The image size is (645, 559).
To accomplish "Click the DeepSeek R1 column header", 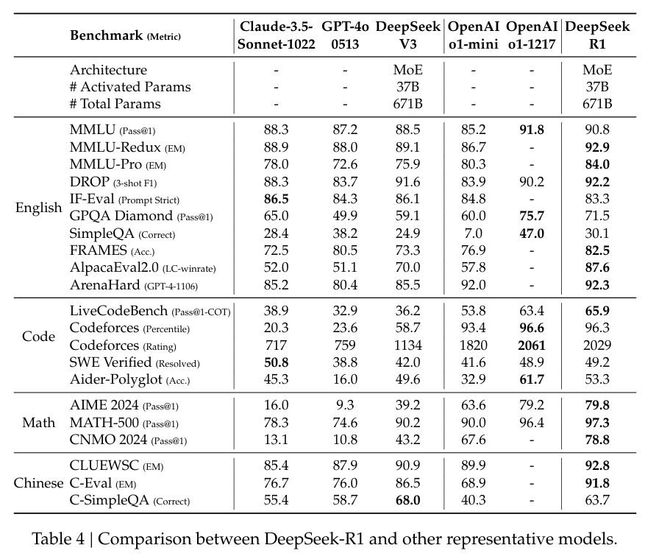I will [x=596, y=35].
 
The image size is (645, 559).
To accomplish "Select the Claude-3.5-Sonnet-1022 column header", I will [x=276, y=35].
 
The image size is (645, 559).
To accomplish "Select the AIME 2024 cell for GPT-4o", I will [x=344, y=404].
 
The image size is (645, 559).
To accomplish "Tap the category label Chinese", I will [x=38, y=483].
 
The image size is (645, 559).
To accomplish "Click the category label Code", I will [x=38, y=337].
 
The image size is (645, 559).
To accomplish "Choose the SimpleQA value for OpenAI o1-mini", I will [x=473, y=233].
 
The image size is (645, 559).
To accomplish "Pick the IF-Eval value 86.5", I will [x=276, y=199].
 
